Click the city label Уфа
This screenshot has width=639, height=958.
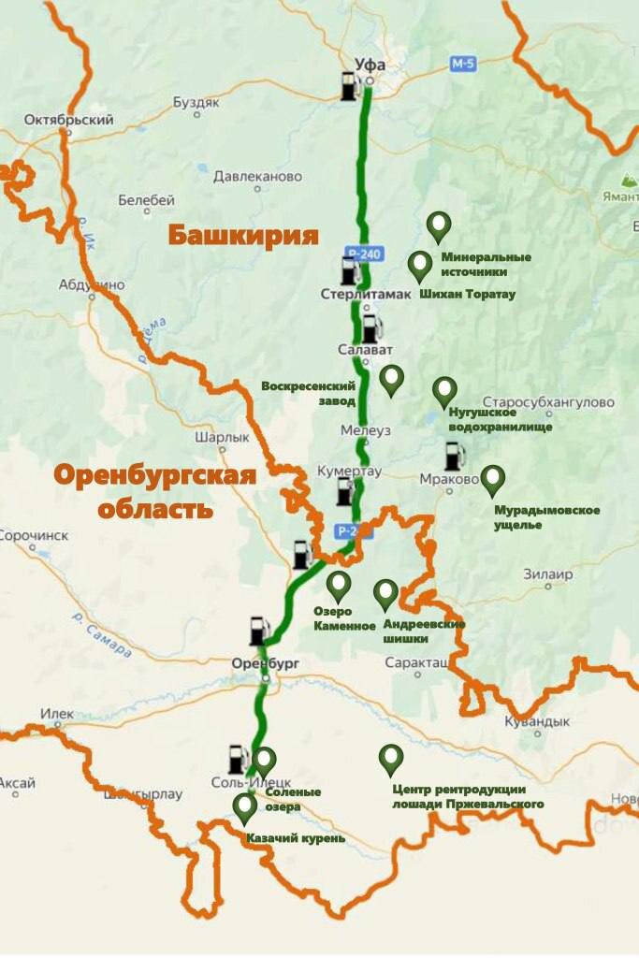coord(370,65)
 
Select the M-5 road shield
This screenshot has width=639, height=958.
coord(463,65)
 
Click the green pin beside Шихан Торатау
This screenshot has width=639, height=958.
coord(421,267)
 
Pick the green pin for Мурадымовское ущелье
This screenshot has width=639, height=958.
coord(492,480)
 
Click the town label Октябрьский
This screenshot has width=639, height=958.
coord(69,120)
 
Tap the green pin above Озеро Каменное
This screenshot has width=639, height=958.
coord(339,587)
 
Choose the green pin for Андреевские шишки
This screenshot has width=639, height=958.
coord(385,594)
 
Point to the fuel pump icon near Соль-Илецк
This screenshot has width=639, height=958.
coord(239,759)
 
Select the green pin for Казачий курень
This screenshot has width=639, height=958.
coord(245,807)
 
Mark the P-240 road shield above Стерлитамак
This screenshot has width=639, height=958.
coord(360,254)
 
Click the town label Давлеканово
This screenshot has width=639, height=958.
coord(257,176)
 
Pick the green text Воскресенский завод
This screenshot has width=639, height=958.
coord(310,393)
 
